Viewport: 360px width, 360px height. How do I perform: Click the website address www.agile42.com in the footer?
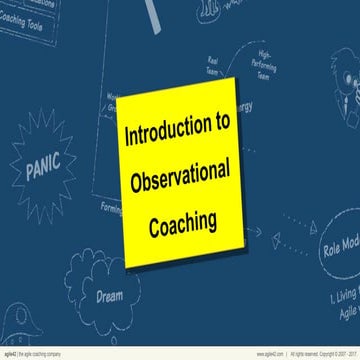pyautogui.click(x=234, y=353)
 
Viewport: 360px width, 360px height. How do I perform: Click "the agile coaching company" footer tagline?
pyautogui.click(x=44, y=353)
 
